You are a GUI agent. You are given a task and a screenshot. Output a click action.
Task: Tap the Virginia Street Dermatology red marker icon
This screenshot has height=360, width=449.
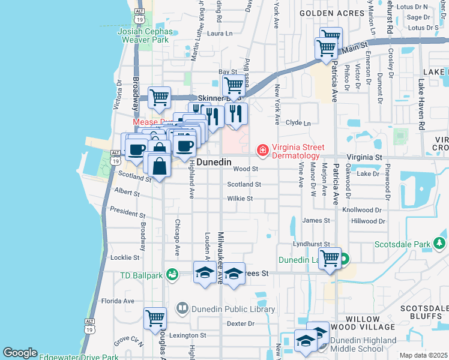pos(262,149)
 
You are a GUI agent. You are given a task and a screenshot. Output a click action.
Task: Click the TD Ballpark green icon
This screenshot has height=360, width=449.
pos(172,274)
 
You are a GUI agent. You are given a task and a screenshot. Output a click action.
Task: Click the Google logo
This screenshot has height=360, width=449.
pos(20,353)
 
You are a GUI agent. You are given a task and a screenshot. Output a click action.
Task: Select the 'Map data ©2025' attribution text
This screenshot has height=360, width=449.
pos(423,355)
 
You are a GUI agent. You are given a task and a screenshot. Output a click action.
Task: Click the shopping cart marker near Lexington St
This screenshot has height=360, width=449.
pos(155,318)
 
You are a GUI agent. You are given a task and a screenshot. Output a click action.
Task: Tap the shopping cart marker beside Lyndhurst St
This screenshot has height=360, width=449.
pos(330,259)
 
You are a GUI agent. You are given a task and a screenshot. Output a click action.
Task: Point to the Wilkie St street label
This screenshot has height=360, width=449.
pos(240,199)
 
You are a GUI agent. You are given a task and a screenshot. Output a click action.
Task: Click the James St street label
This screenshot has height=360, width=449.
pos(316,221)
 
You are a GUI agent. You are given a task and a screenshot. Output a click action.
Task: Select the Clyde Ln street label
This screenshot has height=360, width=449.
pos(298,122)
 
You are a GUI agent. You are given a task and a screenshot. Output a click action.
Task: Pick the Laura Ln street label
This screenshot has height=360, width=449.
pos(219,34)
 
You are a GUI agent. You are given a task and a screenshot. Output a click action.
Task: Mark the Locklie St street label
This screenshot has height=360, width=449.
pos(125,257)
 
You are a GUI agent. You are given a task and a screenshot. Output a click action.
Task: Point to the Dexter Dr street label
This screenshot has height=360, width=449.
pos(241,324)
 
